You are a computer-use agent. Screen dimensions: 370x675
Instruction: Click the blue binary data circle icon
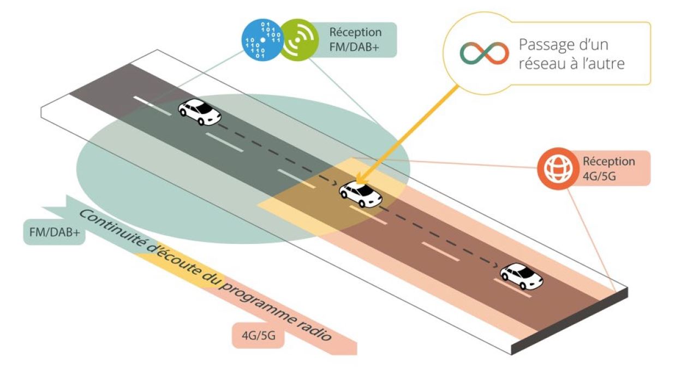click(x=262, y=40)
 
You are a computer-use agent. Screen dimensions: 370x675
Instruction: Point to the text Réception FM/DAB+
click(x=355, y=39)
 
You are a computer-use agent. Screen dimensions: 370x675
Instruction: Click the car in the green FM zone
click(x=200, y=112)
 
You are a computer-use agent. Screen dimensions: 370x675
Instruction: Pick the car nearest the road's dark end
click(x=522, y=276)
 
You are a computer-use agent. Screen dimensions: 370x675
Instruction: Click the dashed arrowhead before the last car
click(x=495, y=265)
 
